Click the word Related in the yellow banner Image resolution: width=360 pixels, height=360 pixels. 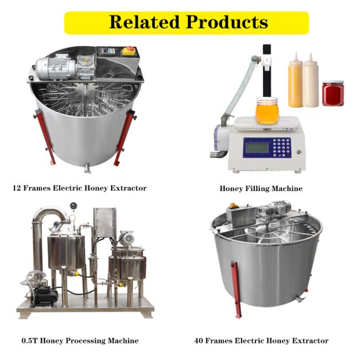tap(144, 22)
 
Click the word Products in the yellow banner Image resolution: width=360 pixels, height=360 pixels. tap(227, 22)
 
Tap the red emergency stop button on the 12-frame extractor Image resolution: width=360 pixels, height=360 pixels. tap(130, 48)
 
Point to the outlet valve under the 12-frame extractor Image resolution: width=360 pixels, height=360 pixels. tap(88, 167)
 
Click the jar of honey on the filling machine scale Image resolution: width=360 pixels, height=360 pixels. tap(267, 111)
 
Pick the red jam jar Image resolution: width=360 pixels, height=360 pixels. tap(333, 93)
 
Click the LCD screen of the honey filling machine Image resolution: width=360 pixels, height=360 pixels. tap(257, 148)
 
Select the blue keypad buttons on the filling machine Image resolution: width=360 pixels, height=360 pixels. tap(281, 147)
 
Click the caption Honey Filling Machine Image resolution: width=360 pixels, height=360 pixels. tap(261, 188)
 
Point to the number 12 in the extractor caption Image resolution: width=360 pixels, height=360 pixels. tap(17, 188)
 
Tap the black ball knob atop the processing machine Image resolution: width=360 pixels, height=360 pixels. tap(73, 205)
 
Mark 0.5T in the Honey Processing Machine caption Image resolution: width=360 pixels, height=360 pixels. tap(29, 341)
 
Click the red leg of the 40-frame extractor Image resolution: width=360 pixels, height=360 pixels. tap(236, 289)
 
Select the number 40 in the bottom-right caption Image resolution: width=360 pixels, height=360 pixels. tap(199, 341)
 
